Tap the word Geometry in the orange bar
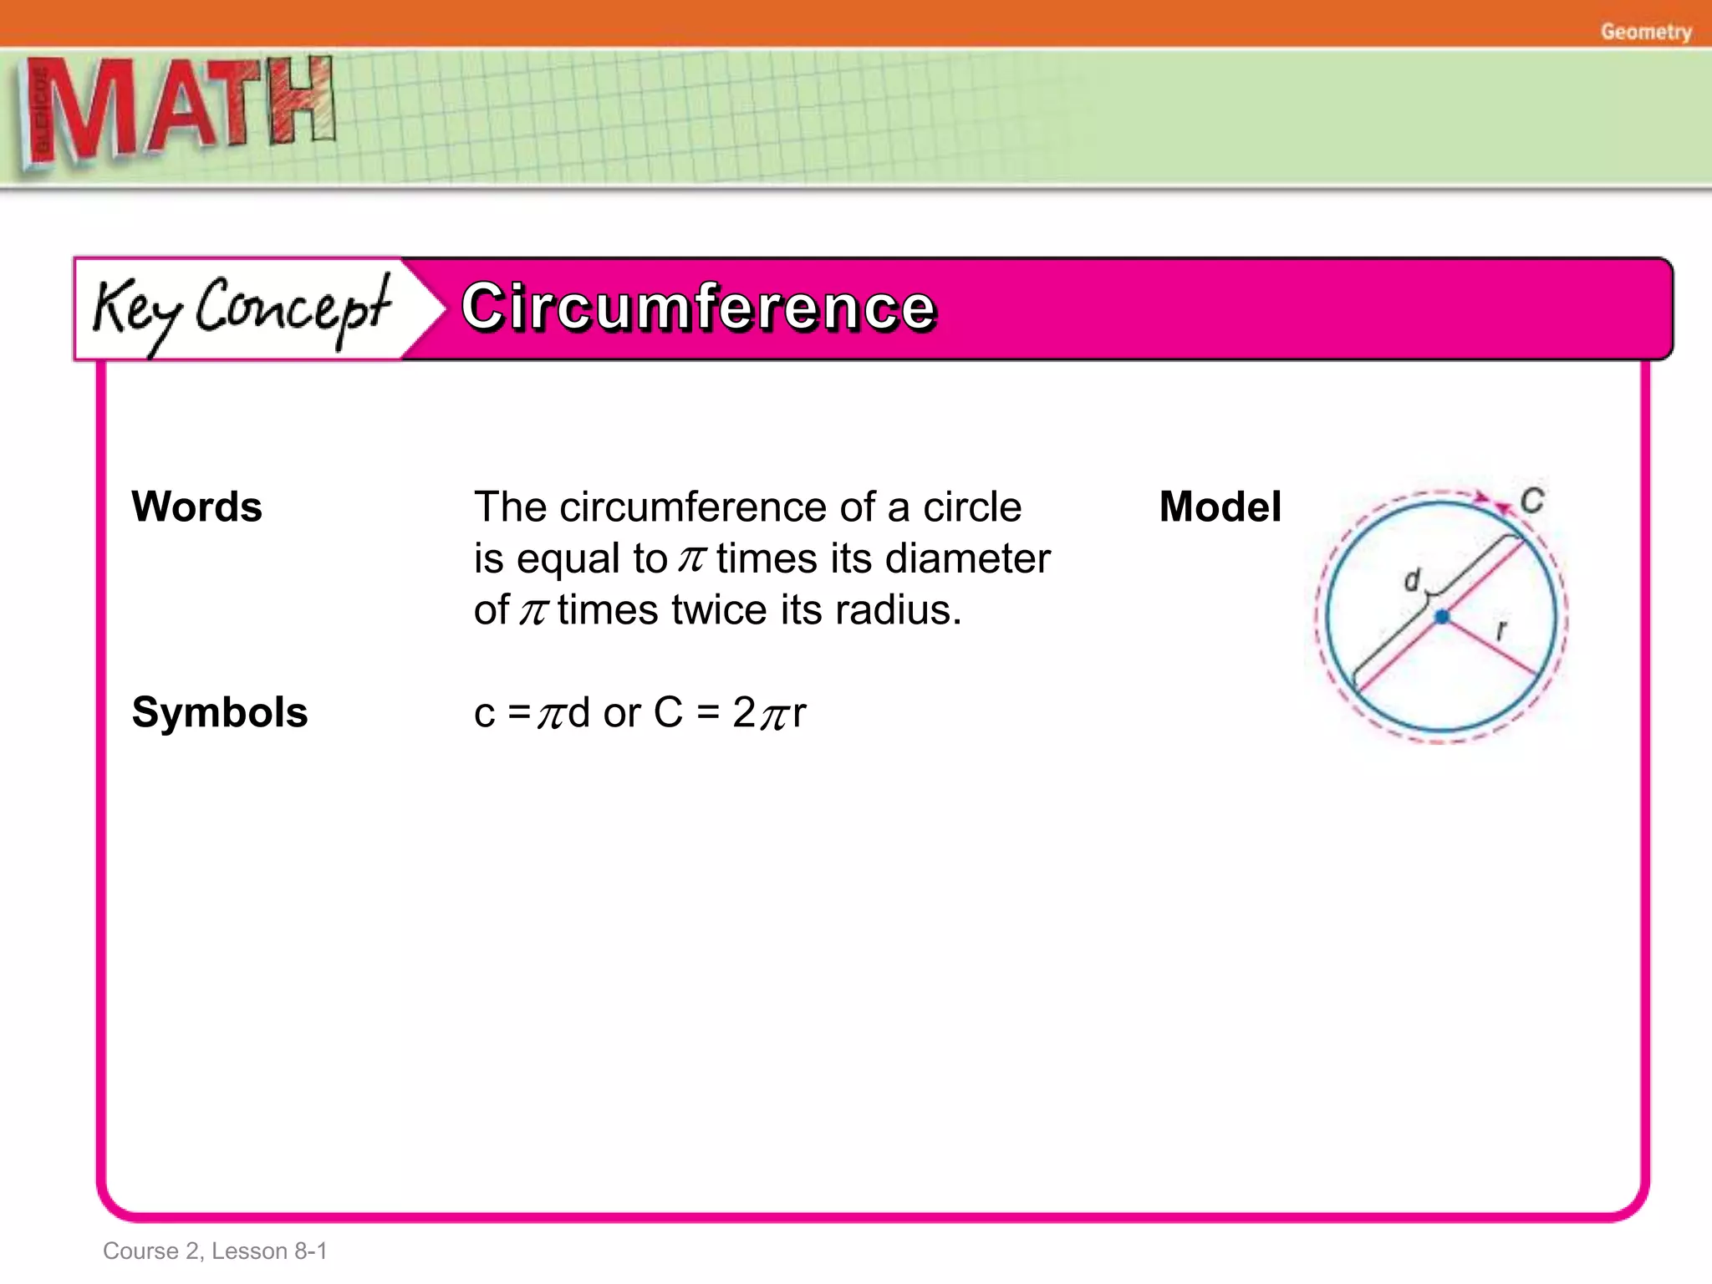1645,32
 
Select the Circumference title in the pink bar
698,307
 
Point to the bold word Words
197,507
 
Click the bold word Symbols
220,712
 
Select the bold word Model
1220,507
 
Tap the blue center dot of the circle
1442,617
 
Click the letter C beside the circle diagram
1531,501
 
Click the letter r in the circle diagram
1501,629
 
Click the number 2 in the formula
744,712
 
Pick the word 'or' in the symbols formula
622,713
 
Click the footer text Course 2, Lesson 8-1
215,1251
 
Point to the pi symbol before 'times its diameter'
691,558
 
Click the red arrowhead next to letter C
1504,505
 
